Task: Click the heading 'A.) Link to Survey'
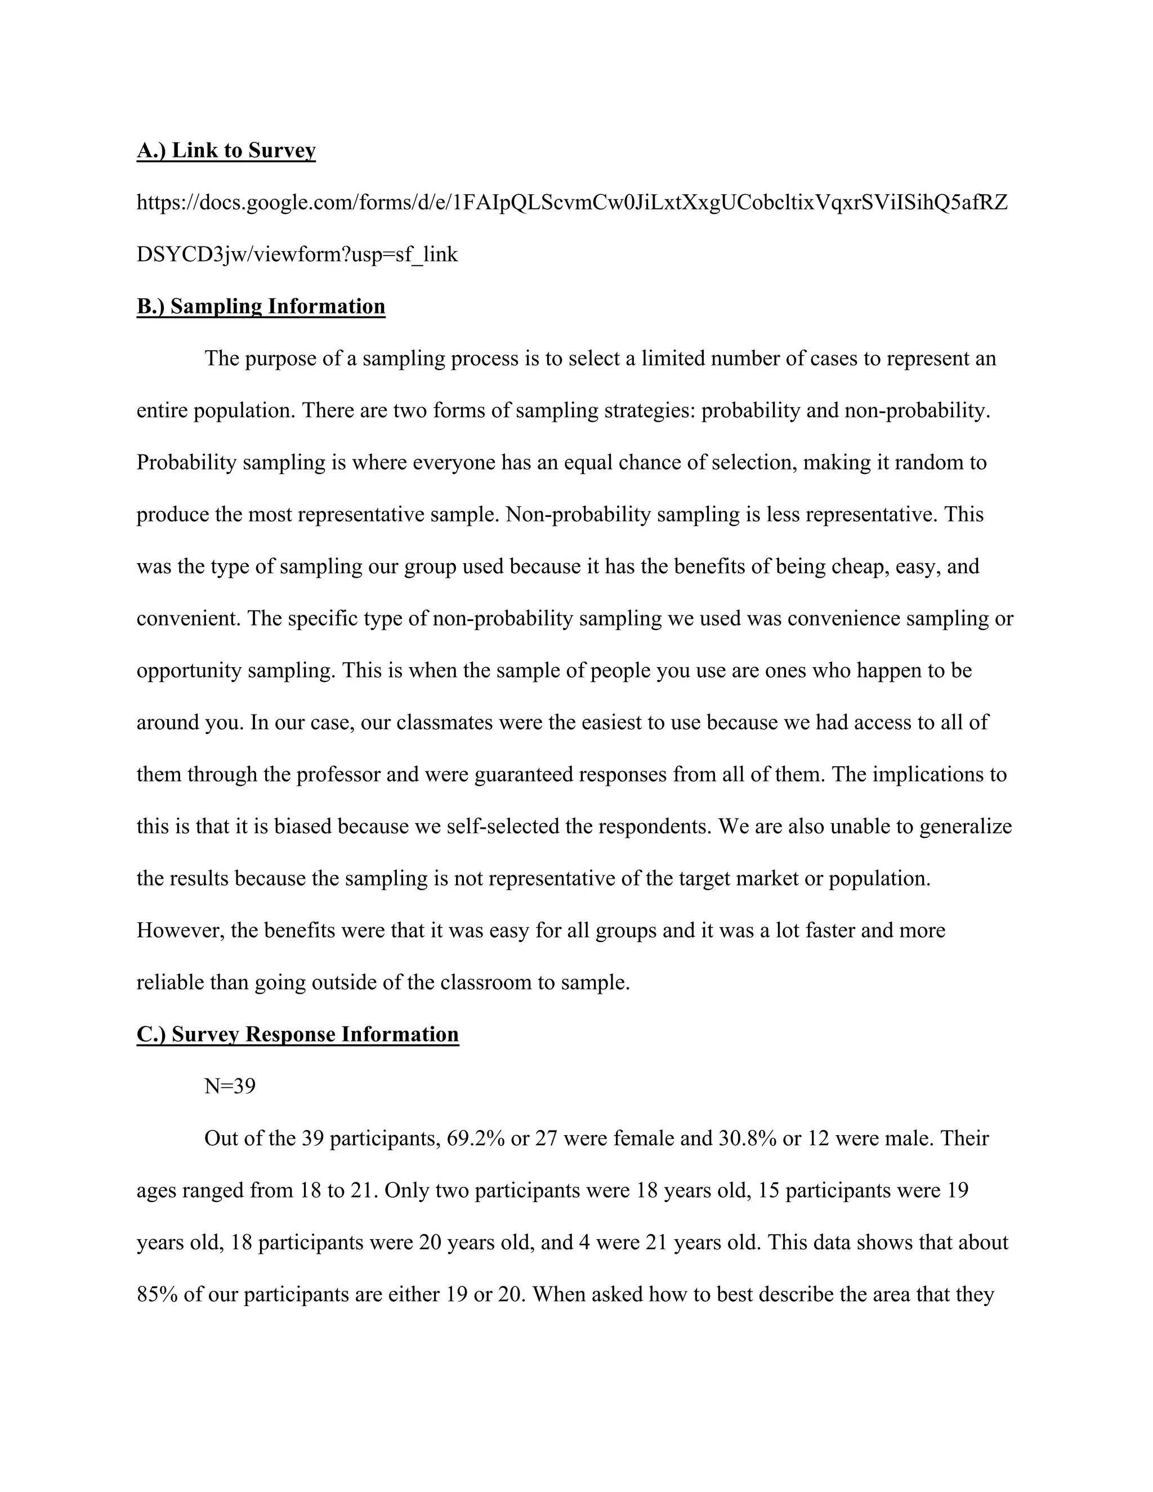(x=226, y=150)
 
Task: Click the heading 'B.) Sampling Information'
(x=261, y=306)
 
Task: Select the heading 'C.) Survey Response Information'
(x=297, y=1034)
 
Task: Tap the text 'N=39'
(x=230, y=1086)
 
